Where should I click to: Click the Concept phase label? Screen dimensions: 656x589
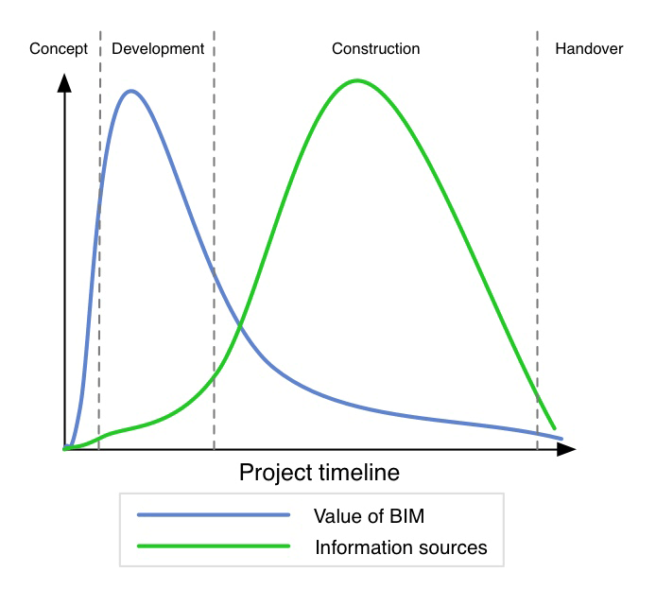[59, 49]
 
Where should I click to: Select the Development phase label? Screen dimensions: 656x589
[158, 49]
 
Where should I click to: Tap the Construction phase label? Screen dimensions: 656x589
[375, 49]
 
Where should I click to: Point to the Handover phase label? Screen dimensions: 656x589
[589, 49]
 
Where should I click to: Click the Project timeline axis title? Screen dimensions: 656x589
[319, 473]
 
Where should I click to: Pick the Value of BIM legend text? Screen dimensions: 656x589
[369, 516]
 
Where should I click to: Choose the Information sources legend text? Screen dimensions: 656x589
[401, 547]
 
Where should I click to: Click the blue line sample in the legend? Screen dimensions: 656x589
[214, 515]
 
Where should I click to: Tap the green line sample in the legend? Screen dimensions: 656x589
[214, 546]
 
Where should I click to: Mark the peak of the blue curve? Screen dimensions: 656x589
[131, 91]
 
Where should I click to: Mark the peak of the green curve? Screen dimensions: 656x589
[357, 80]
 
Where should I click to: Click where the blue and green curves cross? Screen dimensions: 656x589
[240, 324]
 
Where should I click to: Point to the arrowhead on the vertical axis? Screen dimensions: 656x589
[64, 83]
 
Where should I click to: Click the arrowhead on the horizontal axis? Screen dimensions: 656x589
[566, 449]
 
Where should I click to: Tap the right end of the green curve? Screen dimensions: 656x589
[555, 428]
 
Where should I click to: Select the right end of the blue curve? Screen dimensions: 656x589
[561, 439]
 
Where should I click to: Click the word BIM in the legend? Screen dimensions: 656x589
[407, 516]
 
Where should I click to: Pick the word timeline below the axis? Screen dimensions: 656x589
[359, 473]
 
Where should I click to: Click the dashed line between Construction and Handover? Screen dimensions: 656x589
[538, 240]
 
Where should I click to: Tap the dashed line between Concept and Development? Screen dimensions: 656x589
[99, 240]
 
